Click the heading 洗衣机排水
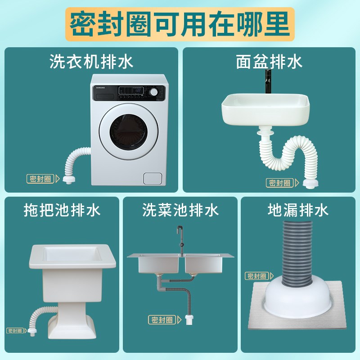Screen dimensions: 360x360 click(x=92, y=62)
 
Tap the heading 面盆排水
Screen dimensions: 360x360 click(x=270, y=62)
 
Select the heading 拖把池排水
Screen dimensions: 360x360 click(x=62, y=210)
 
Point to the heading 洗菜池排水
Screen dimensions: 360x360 click(x=180, y=210)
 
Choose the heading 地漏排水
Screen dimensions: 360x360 click(x=298, y=210)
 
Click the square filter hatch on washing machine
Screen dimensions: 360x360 click(x=152, y=178)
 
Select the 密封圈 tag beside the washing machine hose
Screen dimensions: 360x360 click(x=41, y=178)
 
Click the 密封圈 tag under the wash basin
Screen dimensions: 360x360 click(x=280, y=183)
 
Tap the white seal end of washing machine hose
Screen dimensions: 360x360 click(x=68, y=180)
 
